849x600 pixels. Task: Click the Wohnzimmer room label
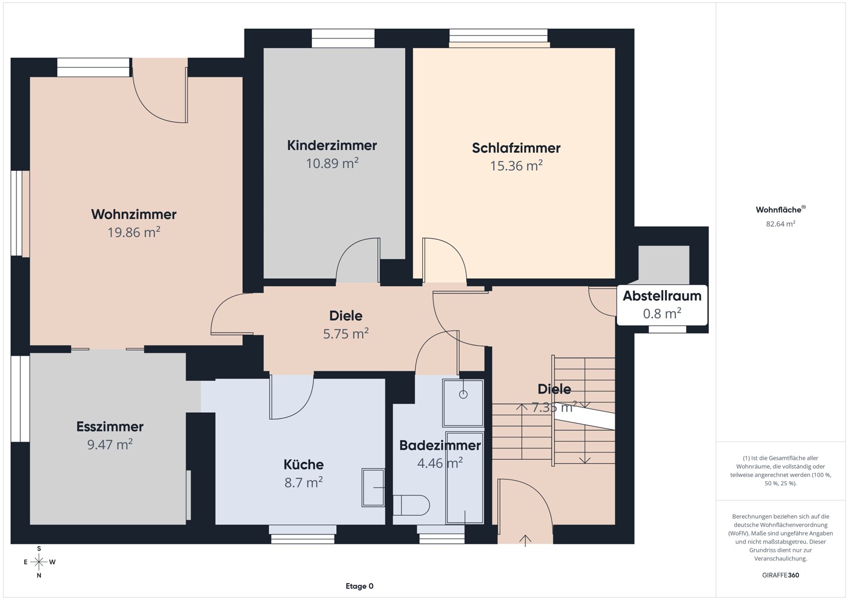[134, 214]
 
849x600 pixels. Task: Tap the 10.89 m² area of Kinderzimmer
[332, 163]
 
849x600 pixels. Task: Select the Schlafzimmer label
[516, 148]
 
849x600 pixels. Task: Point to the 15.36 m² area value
[516, 166]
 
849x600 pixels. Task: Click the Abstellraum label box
[662, 305]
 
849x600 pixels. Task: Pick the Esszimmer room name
[110, 426]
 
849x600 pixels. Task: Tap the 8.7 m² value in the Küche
[303, 482]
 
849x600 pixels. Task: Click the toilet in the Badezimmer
[411, 506]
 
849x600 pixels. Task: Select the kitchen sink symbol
[374, 487]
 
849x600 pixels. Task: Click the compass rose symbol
[38, 562]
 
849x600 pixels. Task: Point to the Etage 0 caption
[359, 586]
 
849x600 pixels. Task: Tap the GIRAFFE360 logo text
[781, 575]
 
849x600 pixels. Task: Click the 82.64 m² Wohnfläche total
[781, 224]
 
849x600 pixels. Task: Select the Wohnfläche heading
[781, 209]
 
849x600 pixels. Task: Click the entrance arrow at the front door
[525, 541]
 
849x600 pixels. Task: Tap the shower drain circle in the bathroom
[463, 394]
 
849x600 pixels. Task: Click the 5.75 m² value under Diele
[346, 333]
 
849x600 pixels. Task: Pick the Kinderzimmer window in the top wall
[343, 38]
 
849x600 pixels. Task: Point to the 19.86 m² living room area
[134, 232]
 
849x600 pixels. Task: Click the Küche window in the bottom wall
[302, 534]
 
